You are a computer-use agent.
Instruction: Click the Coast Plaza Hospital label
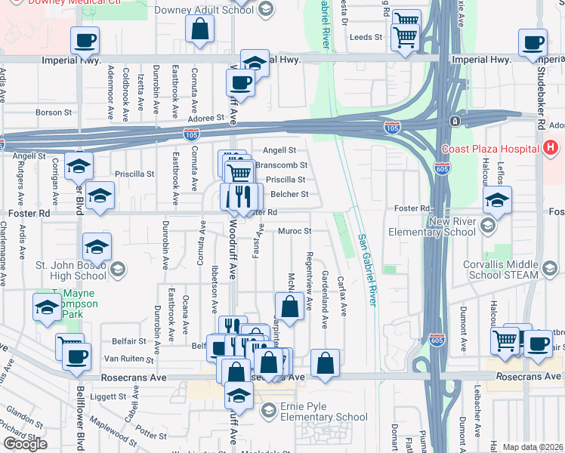click(x=489, y=149)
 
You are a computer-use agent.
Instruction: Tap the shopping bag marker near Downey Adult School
click(x=200, y=31)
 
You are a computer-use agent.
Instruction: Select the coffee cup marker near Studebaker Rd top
click(x=533, y=42)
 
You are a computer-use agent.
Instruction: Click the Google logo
click(x=25, y=444)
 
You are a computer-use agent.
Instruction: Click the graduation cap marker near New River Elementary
click(x=497, y=200)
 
